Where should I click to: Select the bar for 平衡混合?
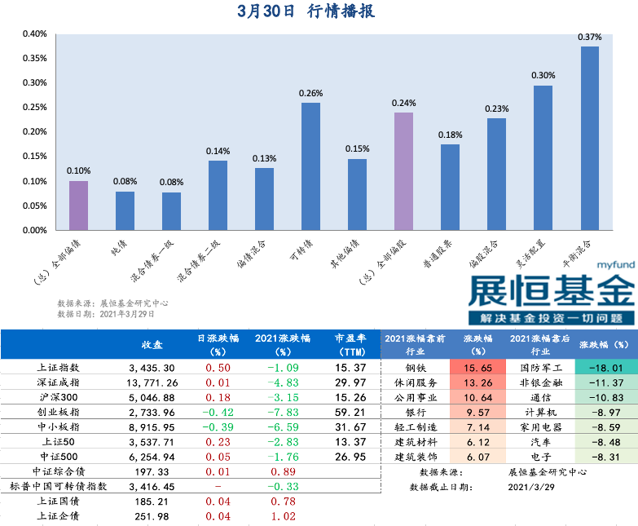point(589,138)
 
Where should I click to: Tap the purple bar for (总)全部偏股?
point(403,171)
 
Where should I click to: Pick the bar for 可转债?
point(310,166)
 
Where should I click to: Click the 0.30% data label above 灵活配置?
point(543,76)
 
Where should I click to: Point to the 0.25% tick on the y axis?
point(34,107)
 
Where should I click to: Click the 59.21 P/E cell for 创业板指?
point(350,412)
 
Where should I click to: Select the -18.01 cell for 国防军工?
point(606,368)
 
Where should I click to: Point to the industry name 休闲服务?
point(414,382)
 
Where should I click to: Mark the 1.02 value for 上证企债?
point(276,515)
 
